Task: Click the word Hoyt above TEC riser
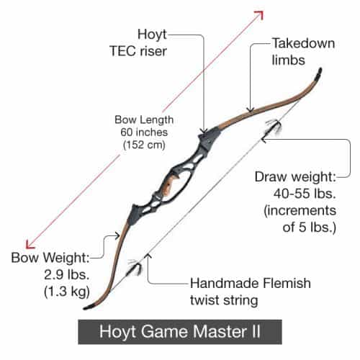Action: pos(152,35)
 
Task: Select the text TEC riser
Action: pos(138,51)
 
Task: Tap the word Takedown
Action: pos(303,43)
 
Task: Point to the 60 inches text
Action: pos(144,132)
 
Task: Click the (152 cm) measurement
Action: pos(144,145)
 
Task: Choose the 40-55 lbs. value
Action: pos(305,193)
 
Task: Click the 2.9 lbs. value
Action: pos(67,274)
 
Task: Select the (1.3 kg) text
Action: pos(67,292)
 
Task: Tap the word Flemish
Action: pos(287,283)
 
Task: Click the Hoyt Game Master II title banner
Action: pos(180,332)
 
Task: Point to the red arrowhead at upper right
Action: pos(260,15)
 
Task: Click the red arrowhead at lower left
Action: pos(30,244)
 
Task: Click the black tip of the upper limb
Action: pos(319,73)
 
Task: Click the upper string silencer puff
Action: pos(274,127)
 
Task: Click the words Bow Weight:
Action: pos(50,258)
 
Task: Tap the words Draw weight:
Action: pos(295,177)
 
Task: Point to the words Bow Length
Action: pos(144,120)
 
